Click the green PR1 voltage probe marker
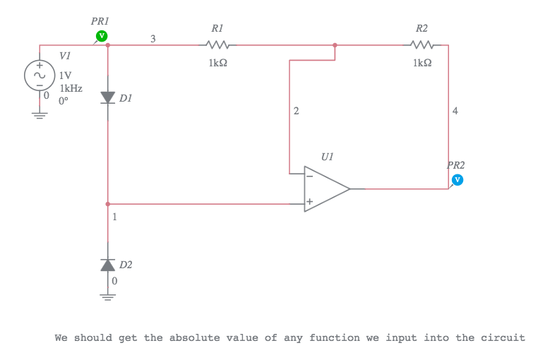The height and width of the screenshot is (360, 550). pyautogui.click(x=102, y=35)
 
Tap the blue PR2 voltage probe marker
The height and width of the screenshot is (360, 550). pyautogui.click(x=457, y=179)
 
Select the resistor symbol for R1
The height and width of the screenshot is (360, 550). pyautogui.click(x=217, y=44)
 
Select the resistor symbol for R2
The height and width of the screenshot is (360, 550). pyautogui.click(x=422, y=44)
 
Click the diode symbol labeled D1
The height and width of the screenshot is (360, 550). pyautogui.click(x=107, y=97)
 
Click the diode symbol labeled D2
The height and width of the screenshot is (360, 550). pyautogui.click(x=107, y=264)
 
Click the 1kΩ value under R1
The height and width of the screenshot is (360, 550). pyautogui.click(x=217, y=63)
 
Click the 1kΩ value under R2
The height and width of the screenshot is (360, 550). pyautogui.click(x=422, y=63)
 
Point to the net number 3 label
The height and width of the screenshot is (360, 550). pyautogui.click(x=153, y=38)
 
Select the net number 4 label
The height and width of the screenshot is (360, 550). pyautogui.click(x=455, y=111)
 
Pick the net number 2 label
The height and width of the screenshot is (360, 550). pyautogui.click(x=296, y=111)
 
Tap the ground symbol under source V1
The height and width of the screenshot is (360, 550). pyautogui.click(x=40, y=115)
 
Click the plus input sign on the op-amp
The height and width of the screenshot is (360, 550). pyautogui.click(x=309, y=201)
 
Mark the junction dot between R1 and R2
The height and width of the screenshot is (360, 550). pyautogui.click(x=335, y=44)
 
